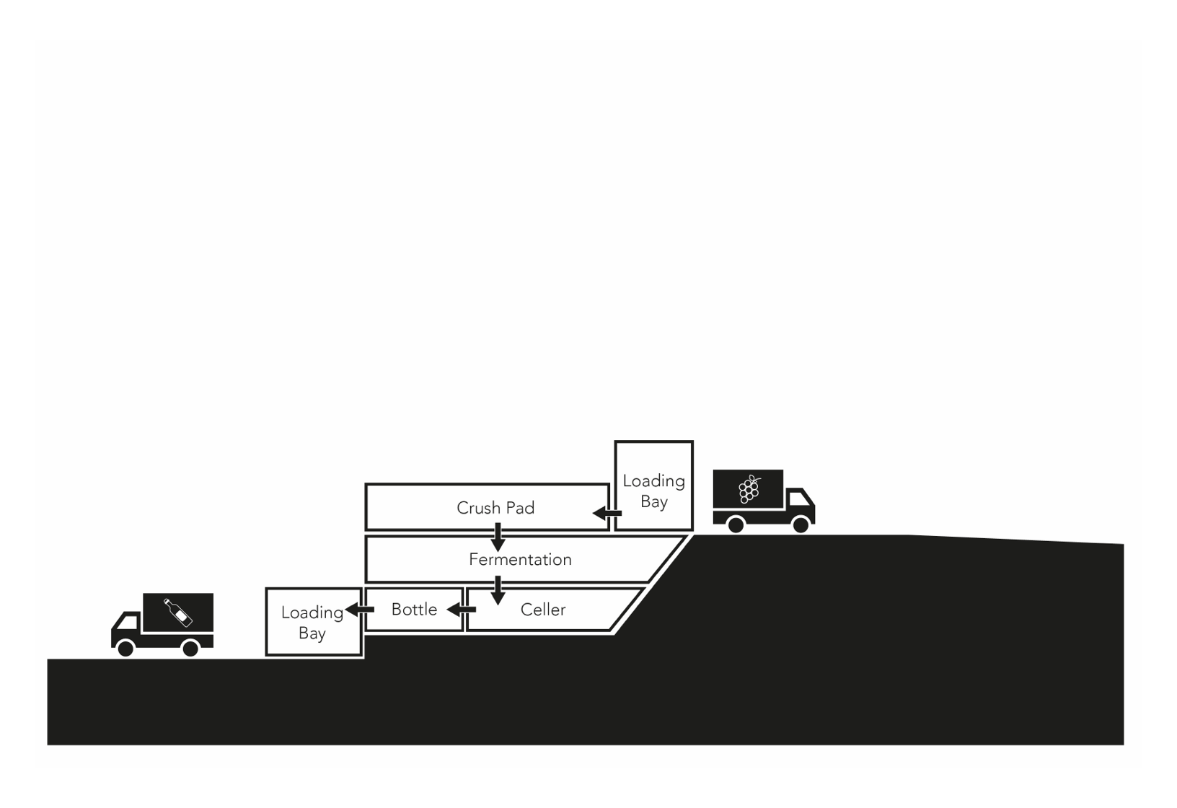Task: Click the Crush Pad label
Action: [x=495, y=508]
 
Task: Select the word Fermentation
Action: [x=520, y=559]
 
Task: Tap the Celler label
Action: [x=543, y=610]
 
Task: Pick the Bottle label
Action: [x=414, y=610]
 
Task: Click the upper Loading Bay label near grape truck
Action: [x=653, y=491]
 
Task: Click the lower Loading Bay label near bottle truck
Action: [x=312, y=623]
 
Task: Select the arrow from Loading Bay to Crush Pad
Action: [x=607, y=513]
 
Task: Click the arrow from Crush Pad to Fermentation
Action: [x=498, y=537]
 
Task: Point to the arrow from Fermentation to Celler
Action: [x=498, y=590]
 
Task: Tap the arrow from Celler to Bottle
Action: [x=462, y=610]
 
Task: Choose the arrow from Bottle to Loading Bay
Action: [x=359, y=610]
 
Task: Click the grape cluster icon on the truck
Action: [x=749, y=489]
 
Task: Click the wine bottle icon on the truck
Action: [x=178, y=612]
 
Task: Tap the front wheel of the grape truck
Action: [x=801, y=524]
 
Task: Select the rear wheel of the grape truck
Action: [x=736, y=524]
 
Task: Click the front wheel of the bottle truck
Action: [x=125, y=648]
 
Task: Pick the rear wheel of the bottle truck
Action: [x=190, y=648]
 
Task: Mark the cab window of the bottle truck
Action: [x=127, y=623]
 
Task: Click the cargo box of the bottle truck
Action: [x=178, y=612]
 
